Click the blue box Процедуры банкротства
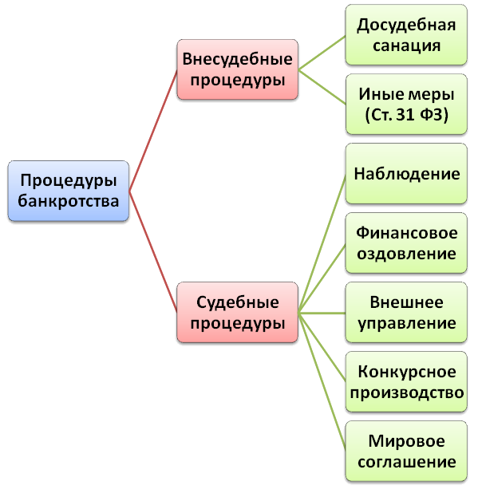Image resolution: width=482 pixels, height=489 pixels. click(69, 191)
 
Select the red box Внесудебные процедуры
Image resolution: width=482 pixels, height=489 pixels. click(238, 69)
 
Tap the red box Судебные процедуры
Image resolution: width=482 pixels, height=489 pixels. click(238, 312)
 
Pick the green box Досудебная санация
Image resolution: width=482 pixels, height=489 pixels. click(406, 34)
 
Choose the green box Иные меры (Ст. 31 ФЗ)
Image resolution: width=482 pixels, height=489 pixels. click(406, 105)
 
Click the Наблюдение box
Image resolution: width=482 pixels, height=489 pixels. click(406, 174)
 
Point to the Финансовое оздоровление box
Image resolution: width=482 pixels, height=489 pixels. click(406, 243)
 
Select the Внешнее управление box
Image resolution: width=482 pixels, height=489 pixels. click(406, 312)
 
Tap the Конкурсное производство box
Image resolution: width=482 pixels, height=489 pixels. click(406, 382)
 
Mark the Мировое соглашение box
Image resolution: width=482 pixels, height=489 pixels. click(406, 452)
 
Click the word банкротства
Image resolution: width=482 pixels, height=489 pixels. click(69, 201)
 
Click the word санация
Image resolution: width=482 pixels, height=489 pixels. click(406, 45)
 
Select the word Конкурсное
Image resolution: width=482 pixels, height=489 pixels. click(407, 372)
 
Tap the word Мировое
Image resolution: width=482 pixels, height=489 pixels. click(406, 441)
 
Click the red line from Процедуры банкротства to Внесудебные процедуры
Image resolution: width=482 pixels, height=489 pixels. click(153, 130)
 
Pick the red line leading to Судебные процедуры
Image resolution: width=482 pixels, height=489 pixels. click(153, 251)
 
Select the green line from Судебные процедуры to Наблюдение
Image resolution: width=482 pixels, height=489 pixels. click(322, 243)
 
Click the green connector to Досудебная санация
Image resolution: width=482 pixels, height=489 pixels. click(322, 53)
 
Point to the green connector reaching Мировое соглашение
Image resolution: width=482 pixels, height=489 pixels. click(322, 381)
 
